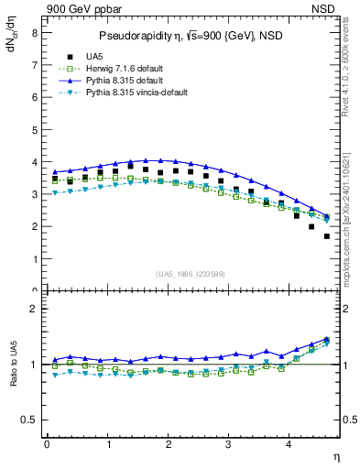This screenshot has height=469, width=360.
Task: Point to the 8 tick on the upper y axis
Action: [x=34, y=33]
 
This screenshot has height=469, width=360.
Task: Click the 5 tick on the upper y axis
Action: [x=34, y=129]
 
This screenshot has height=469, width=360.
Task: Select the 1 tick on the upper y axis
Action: [x=34, y=258]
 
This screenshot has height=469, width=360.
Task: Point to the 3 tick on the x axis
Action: [x=229, y=444]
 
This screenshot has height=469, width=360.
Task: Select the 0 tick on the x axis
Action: [x=47, y=444]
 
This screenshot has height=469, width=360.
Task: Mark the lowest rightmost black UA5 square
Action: [x=327, y=236]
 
